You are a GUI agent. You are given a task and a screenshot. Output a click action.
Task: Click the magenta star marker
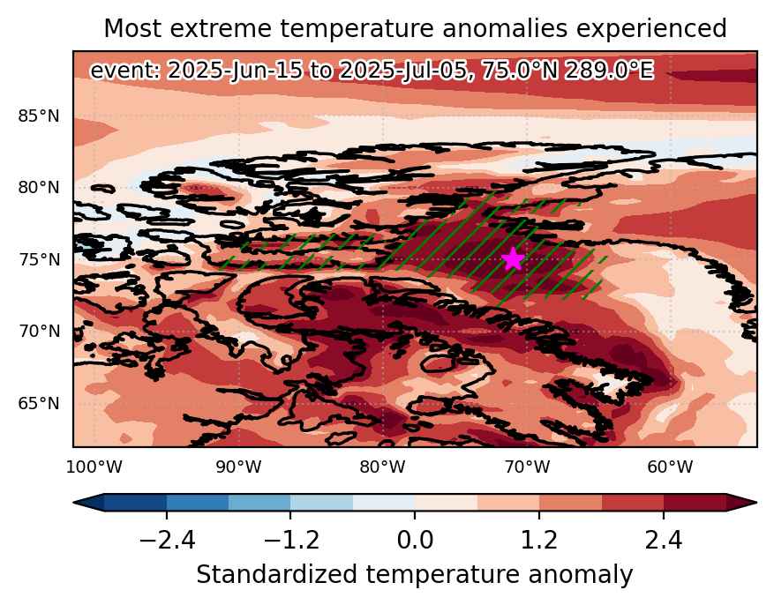(514, 259)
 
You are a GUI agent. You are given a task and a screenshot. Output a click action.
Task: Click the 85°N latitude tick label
(39, 116)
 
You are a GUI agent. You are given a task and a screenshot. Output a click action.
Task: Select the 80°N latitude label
(39, 188)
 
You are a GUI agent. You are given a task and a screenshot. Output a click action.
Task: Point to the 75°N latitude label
(39, 259)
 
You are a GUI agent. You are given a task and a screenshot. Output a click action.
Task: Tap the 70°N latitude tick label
(39, 332)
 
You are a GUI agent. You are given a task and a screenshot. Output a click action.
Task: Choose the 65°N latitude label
(39, 403)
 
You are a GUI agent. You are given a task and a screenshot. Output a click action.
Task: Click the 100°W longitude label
(94, 467)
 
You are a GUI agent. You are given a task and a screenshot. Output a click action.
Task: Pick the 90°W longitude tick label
(238, 467)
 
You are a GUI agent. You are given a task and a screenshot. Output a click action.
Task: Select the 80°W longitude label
(382, 467)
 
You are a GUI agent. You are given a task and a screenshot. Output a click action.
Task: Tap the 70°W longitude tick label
(527, 467)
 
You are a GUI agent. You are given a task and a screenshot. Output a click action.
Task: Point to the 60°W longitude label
(671, 467)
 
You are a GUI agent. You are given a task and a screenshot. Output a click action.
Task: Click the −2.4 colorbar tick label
(168, 540)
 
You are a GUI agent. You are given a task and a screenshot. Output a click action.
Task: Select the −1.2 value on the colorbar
(291, 540)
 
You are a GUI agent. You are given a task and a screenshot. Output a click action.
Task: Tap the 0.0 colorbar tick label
(415, 540)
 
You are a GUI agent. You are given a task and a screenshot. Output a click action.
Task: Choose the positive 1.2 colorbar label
(539, 540)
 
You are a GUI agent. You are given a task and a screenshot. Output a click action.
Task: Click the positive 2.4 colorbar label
(663, 540)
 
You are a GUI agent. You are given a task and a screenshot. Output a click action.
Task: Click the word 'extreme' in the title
(221, 28)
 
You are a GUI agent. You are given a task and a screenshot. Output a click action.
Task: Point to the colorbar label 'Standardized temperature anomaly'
(415, 575)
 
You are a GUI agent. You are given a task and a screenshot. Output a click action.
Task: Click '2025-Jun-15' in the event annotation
(235, 71)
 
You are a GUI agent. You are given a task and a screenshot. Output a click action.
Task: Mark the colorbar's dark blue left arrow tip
(73, 503)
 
